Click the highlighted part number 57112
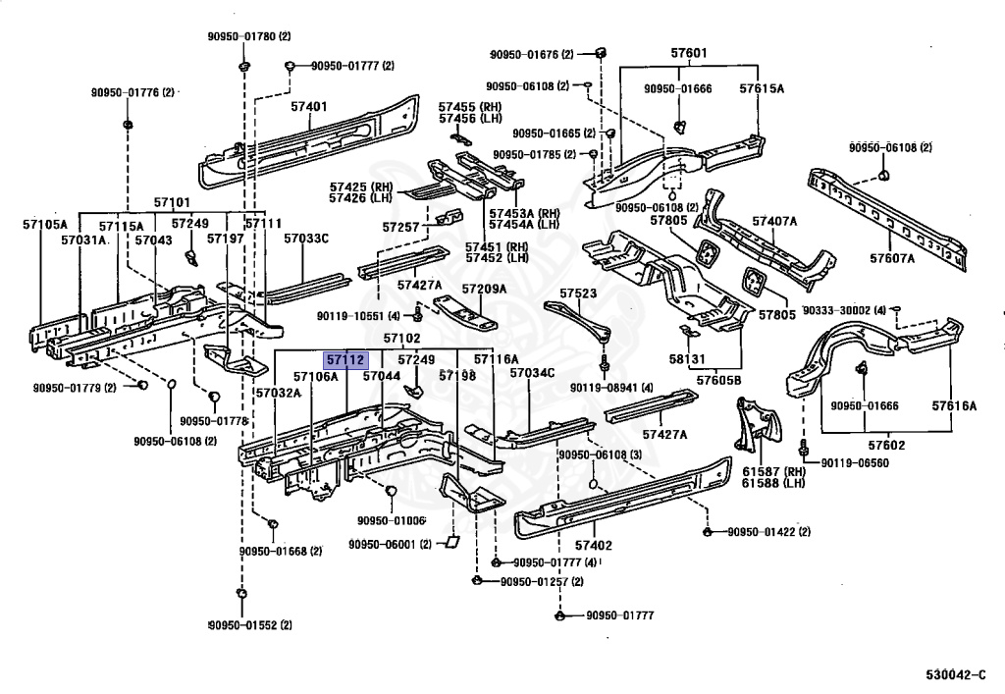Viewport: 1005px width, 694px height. (345, 360)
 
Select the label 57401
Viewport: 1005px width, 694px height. (309, 106)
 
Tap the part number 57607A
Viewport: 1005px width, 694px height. (892, 258)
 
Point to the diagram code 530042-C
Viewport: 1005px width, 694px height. (956, 674)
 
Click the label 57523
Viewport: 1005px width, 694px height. (578, 293)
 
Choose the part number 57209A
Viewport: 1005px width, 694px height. (484, 289)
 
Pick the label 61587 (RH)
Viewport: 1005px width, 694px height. (773, 471)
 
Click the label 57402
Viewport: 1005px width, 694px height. (594, 546)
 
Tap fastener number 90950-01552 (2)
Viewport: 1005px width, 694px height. (250, 624)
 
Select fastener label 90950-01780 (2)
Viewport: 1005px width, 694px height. (248, 36)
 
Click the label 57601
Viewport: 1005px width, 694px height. (689, 53)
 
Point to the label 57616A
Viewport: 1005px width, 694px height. (954, 405)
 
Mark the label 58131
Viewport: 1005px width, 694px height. (687, 359)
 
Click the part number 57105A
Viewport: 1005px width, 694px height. (45, 224)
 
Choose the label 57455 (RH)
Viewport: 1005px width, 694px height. (470, 106)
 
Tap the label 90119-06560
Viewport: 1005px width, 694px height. (855, 462)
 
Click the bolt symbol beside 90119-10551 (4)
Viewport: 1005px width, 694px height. (418, 314)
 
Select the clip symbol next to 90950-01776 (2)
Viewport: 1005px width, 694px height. (128, 123)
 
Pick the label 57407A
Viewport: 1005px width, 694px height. (774, 221)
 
